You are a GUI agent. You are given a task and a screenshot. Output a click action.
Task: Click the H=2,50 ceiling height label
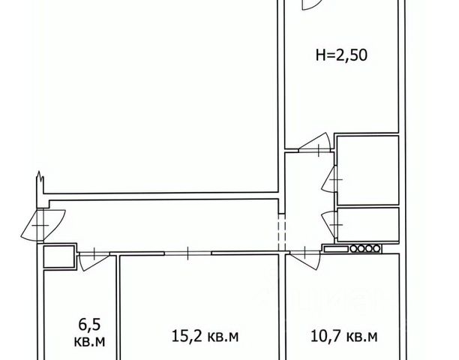pos(341,55)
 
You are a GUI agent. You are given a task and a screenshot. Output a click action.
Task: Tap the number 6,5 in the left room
pos(89,325)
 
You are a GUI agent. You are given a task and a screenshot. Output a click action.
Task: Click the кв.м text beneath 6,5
pos(89,341)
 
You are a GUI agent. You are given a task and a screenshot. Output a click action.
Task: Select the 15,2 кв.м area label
pos(205,336)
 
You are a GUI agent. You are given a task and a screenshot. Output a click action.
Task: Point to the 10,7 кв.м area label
pos(344,337)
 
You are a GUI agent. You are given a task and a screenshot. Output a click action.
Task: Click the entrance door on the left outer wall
pos(43,225)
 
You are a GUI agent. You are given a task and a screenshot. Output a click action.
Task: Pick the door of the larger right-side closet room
pos(329,179)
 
